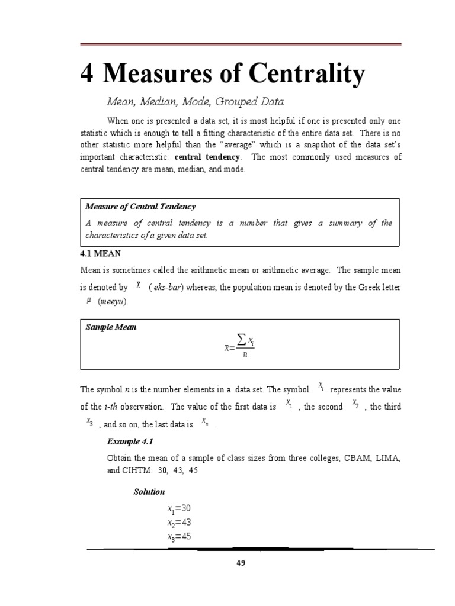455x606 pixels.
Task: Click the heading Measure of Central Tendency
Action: click(x=140, y=207)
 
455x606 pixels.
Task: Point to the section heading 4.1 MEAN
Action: click(x=100, y=253)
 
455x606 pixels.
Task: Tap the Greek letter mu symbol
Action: click(x=88, y=301)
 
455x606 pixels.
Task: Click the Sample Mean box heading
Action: click(x=111, y=327)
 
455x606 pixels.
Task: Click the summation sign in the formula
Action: click(x=241, y=339)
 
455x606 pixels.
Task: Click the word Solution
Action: click(x=149, y=492)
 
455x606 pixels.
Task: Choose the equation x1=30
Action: click(x=180, y=509)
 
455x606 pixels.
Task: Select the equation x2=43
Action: click(x=180, y=523)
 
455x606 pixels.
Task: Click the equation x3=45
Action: click(x=180, y=537)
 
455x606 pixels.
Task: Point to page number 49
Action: click(x=241, y=563)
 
